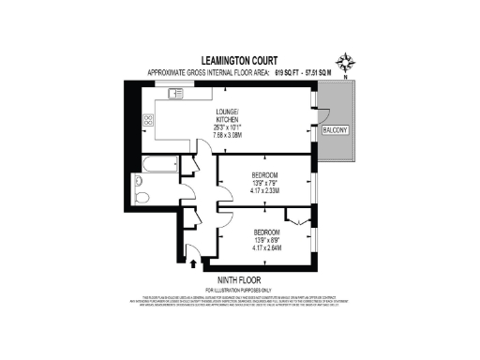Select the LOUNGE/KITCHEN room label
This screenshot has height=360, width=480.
point(230,113)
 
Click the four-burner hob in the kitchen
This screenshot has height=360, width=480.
point(147,119)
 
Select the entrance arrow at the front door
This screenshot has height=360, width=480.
point(193,262)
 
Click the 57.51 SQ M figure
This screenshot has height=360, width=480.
point(319,73)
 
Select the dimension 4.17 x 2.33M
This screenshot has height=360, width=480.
point(263,192)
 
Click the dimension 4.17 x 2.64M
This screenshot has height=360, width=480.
point(263,247)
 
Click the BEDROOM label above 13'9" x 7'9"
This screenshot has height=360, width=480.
point(263,175)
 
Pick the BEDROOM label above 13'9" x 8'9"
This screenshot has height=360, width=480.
point(263,231)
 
